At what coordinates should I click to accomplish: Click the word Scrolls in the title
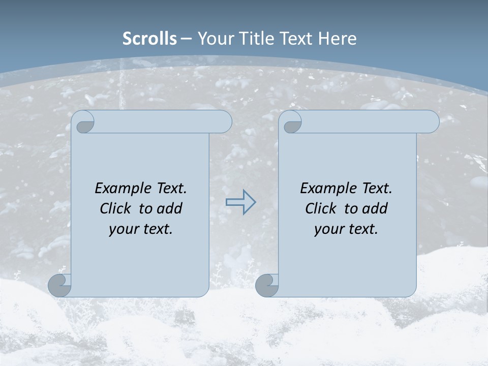point(149,38)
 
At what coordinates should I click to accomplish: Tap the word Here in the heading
point(337,38)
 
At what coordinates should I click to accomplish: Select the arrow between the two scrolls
point(240,202)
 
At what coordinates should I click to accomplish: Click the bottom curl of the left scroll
point(59,285)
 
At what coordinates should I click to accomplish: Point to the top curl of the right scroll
point(292,123)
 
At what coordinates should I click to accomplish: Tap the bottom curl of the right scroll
point(266,285)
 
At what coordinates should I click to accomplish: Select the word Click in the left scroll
point(116,208)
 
